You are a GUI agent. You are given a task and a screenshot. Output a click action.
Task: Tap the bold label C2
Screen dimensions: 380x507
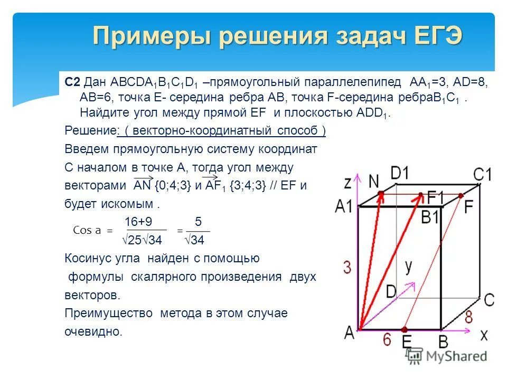coord(72,82)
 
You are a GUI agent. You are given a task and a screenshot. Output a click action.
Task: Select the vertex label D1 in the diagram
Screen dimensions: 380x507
coord(400,173)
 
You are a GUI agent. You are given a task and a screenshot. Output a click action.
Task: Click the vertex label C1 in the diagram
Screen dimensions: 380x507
coord(482,174)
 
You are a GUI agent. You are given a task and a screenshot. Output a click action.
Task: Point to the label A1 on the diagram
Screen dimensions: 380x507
coord(344,206)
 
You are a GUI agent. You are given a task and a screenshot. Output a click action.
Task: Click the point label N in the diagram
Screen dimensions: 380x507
coord(374,181)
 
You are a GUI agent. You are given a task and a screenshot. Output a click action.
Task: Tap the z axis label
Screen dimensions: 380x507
coord(348,183)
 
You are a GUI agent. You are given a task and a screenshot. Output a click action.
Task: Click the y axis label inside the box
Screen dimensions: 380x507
coord(409,267)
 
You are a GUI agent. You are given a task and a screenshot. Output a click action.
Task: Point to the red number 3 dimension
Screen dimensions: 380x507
coord(347,267)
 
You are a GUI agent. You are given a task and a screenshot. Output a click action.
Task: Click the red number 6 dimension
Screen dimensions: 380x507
coord(387,339)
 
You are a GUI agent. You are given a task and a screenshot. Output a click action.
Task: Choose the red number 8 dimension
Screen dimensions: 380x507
coord(468,318)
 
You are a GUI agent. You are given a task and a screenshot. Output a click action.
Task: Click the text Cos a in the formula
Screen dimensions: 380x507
coord(87,231)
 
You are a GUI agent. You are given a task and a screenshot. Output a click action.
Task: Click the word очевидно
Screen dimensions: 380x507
coord(93,332)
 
